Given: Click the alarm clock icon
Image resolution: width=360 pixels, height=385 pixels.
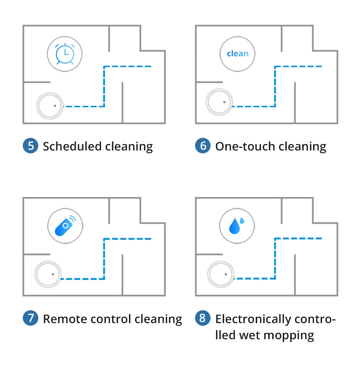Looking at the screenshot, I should pyautogui.click(x=64, y=54).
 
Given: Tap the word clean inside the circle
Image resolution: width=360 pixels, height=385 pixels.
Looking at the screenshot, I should pyautogui.click(x=237, y=54).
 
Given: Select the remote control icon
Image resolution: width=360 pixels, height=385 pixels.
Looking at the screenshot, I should pyautogui.click(x=64, y=226).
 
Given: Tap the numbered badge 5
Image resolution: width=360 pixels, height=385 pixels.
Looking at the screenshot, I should pyautogui.click(x=30, y=146).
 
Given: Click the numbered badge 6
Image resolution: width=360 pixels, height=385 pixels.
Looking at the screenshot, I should pyautogui.click(x=203, y=146).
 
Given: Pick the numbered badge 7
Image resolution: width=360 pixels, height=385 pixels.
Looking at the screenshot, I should pyautogui.click(x=30, y=318).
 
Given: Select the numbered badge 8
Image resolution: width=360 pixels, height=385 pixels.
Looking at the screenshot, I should pyautogui.click(x=203, y=318).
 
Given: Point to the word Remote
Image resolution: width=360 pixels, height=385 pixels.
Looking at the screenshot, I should pyautogui.click(x=62, y=319).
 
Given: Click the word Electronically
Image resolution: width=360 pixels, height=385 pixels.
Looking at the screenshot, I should pyautogui.click(x=253, y=319).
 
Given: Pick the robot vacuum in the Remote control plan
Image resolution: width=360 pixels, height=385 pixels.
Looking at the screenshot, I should pyautogui.click(x=48, y=274).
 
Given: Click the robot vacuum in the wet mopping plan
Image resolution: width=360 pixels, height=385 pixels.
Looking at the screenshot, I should pyautogui.click(x=221, y=274).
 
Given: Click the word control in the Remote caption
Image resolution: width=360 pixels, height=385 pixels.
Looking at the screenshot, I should pyautogui.click(x=112, y=319).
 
